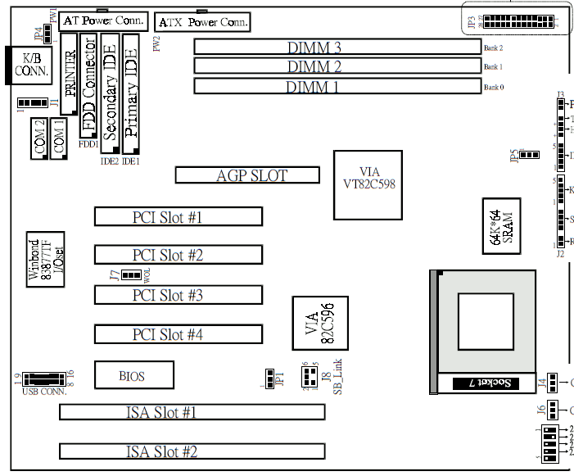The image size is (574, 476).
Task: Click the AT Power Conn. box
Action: click(102, 20)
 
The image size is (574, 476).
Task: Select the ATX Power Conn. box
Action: click(202, 22)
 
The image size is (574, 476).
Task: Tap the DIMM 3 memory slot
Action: click(337, 47)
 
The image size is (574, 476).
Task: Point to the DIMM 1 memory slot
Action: click(337, 86)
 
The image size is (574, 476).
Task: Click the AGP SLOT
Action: click(247, 175)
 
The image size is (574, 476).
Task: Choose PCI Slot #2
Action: click(178, 255)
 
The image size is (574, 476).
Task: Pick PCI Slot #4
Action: click(178, 333)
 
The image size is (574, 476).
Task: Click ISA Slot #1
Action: click(192, 412)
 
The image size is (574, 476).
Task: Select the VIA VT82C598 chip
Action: click(368, 185)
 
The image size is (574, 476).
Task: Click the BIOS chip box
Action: click(134, 375)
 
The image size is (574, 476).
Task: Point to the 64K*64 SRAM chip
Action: click(499, 223)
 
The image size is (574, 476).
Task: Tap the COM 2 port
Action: click(38, 138)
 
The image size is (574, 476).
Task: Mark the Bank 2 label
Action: click(493, 48)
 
